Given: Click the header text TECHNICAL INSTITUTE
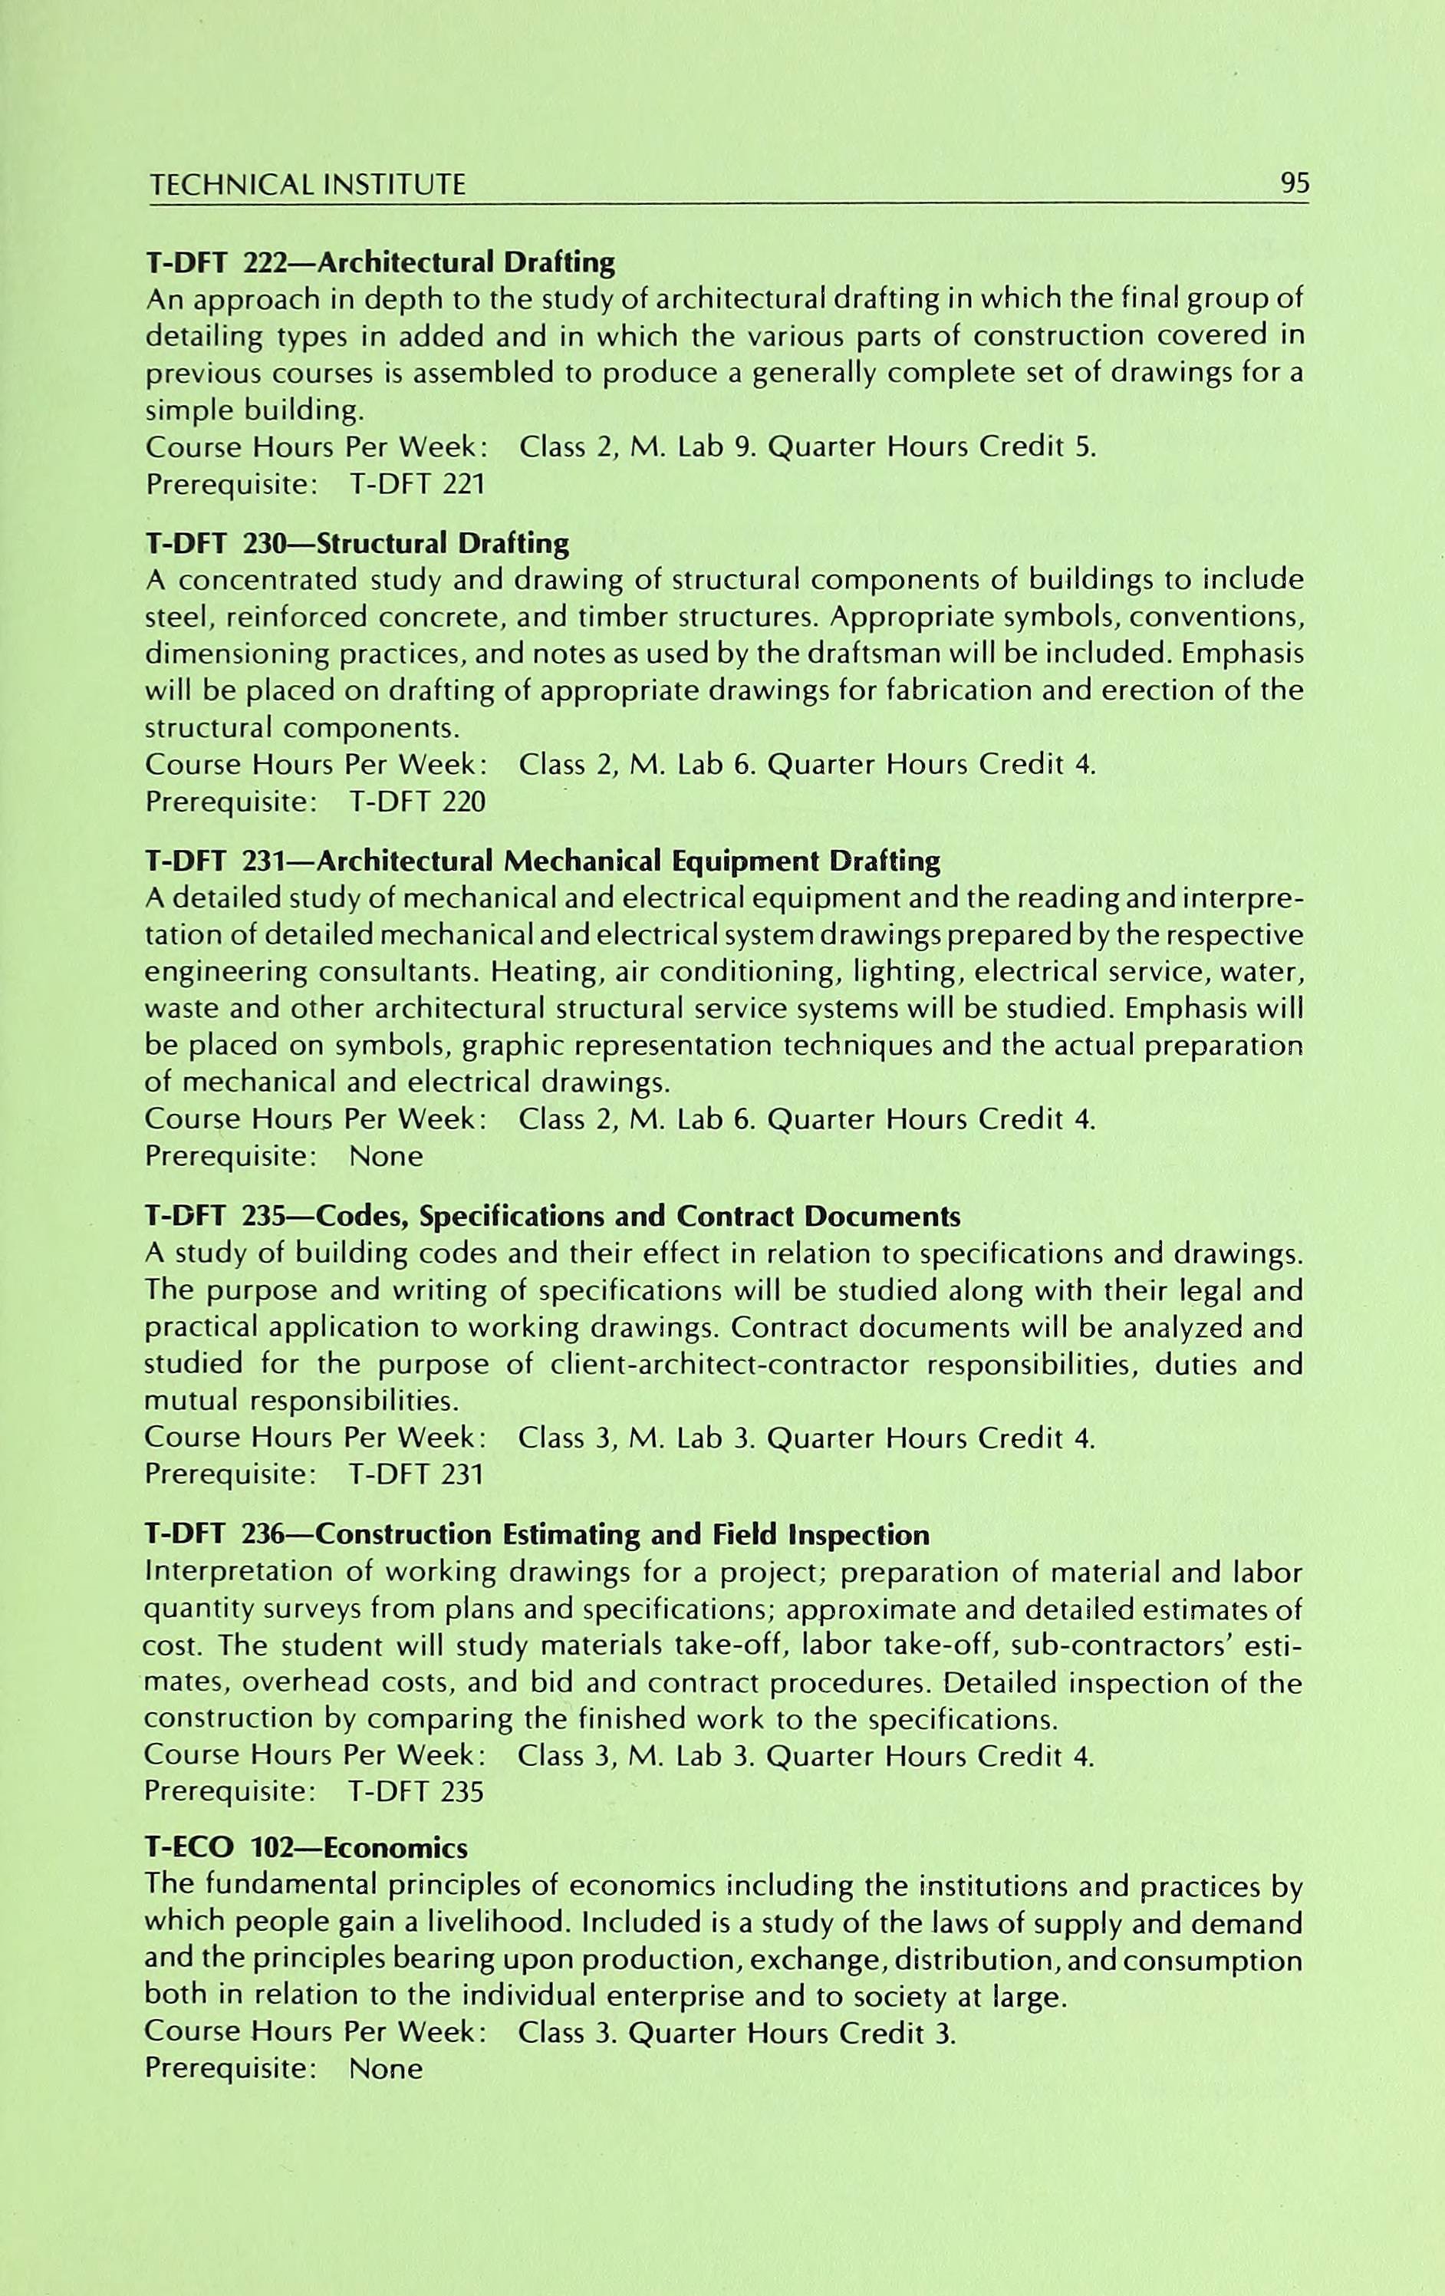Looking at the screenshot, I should (306, 184).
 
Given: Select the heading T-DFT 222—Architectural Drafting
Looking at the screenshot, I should (380, 262).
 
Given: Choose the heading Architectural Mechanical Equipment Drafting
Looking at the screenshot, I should (627, 862).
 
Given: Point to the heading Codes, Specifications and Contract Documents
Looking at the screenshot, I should (637, 1217).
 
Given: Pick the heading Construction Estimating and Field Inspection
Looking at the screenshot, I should (621, 1535).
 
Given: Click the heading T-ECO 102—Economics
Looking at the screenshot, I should (306, 1849).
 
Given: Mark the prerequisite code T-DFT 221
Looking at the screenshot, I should (417, 486).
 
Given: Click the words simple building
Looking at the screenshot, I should (254, 412).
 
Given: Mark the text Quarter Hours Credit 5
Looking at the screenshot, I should (931, 448).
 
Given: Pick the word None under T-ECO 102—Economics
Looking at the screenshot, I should (385, 2068).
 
